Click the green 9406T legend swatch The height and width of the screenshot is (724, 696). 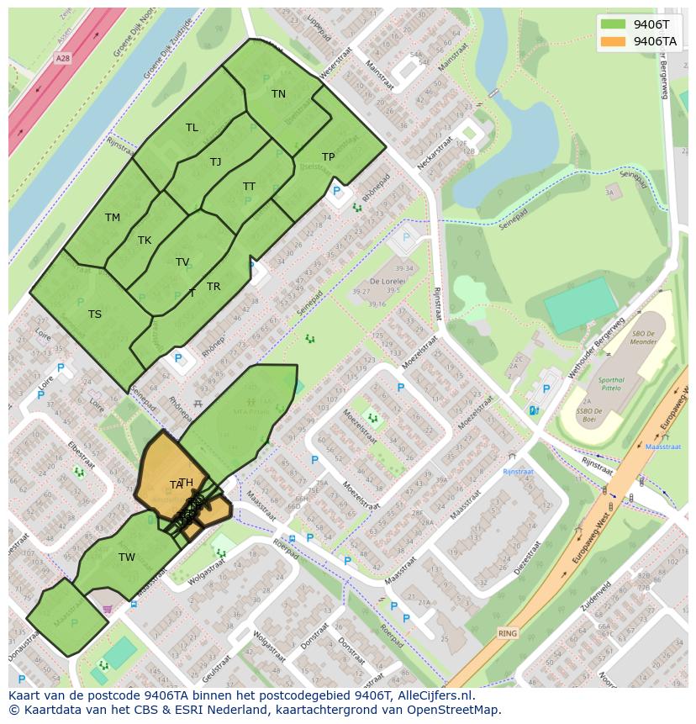614,24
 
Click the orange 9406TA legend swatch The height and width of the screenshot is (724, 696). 614,41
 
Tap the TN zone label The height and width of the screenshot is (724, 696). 278,94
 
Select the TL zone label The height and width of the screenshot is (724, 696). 192,128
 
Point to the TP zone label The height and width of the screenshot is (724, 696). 328,157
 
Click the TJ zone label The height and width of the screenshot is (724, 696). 215,162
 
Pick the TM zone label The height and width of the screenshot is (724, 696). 113,218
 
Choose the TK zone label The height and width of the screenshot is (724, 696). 145,240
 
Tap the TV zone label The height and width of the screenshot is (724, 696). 182,262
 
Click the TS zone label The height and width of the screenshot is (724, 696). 95,314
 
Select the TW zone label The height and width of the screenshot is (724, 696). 127,558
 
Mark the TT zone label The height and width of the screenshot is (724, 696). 249,187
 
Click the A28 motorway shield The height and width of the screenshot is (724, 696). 62,59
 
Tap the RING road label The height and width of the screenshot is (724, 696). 507,632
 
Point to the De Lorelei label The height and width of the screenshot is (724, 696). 389,282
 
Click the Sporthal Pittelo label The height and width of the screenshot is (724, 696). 611,384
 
